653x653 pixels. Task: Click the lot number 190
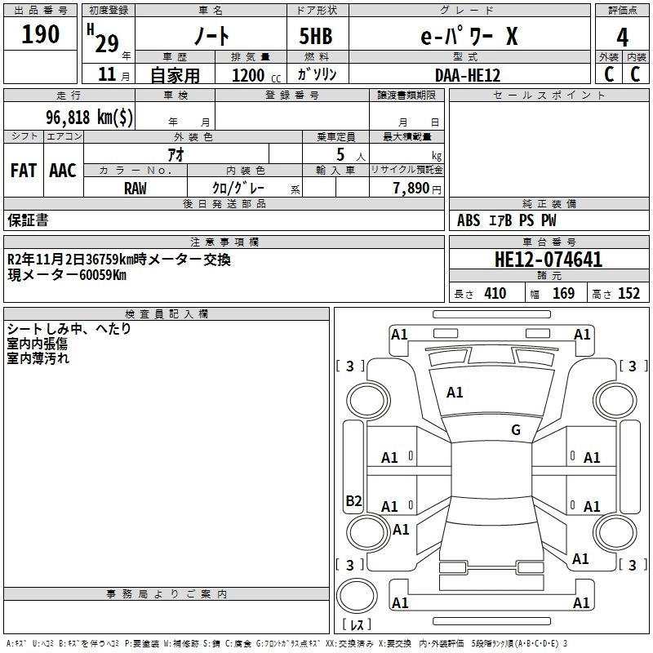(x=42, y=34)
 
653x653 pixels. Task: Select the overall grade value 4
(x=623, y=38)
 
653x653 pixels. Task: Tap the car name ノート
(x=210, y=36)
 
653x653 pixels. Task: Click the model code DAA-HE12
(x=468, y=74)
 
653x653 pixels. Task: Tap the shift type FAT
(x=23, y=171)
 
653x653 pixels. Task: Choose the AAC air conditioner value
(x=63, y=171)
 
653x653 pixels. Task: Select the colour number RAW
(x=135, y=189)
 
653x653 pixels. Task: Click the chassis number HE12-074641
(x=549, y=260)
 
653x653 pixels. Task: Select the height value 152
(x=629, y=294)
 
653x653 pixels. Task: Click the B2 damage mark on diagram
(x=353, y=501)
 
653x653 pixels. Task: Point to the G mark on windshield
(x=516, y=430)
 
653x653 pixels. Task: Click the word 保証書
(x=28, y=220)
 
